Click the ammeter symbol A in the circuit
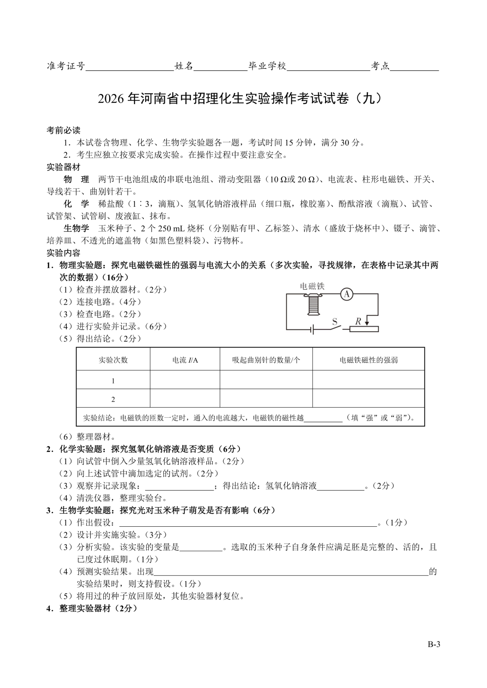[346, 294]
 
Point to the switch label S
[335, 322]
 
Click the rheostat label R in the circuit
[358, 321]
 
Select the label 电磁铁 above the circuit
[312, 286]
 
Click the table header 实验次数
[113, 360]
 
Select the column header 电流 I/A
[185, 360]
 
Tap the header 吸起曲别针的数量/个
[266, 360]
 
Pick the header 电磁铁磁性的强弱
[368, 360]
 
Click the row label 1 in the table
[113, 381]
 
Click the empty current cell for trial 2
[185, 399]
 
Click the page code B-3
[434, 644]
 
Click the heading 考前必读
[64, 130]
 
